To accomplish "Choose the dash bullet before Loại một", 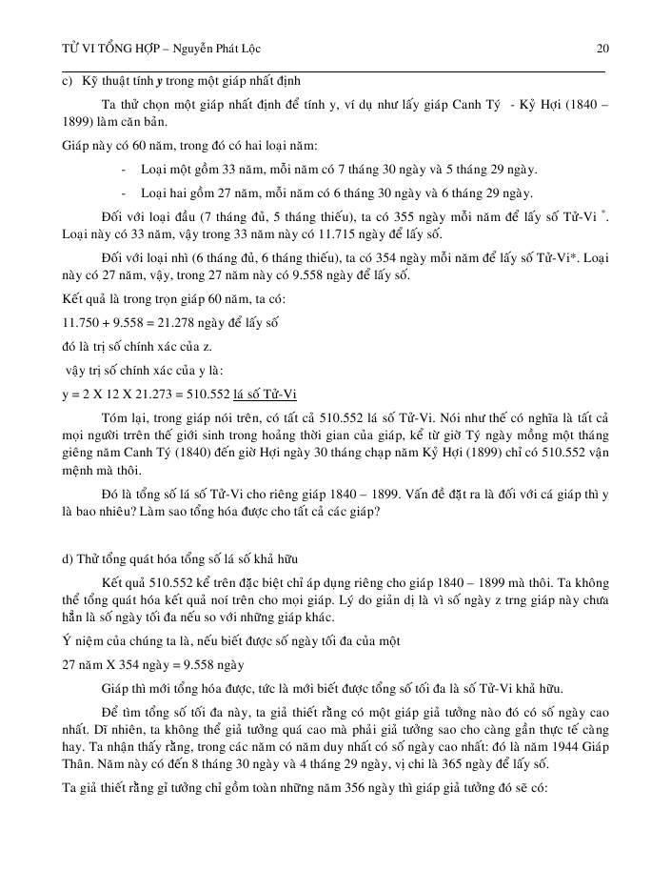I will [x=128, y=170].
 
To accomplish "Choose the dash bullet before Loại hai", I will [x=128, y=192].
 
